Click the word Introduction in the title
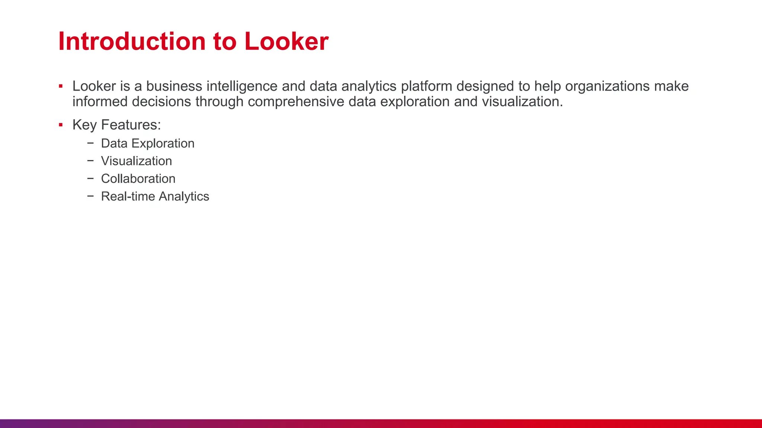132,41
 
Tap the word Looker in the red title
286,41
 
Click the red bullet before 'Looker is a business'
61,87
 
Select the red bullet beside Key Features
61,125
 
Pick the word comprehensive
296,102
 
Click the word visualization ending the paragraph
522,102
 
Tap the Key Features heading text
116,125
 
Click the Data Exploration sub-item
147,143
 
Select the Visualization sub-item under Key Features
136,161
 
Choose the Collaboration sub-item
138,179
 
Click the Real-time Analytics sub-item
155,196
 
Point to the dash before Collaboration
90,178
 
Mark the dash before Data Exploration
90,143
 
